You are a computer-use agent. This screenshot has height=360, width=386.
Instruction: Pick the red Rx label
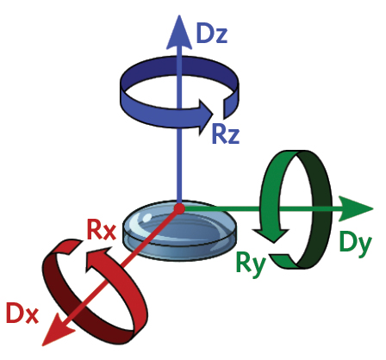101,231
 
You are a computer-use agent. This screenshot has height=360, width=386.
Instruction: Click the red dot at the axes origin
179,208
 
